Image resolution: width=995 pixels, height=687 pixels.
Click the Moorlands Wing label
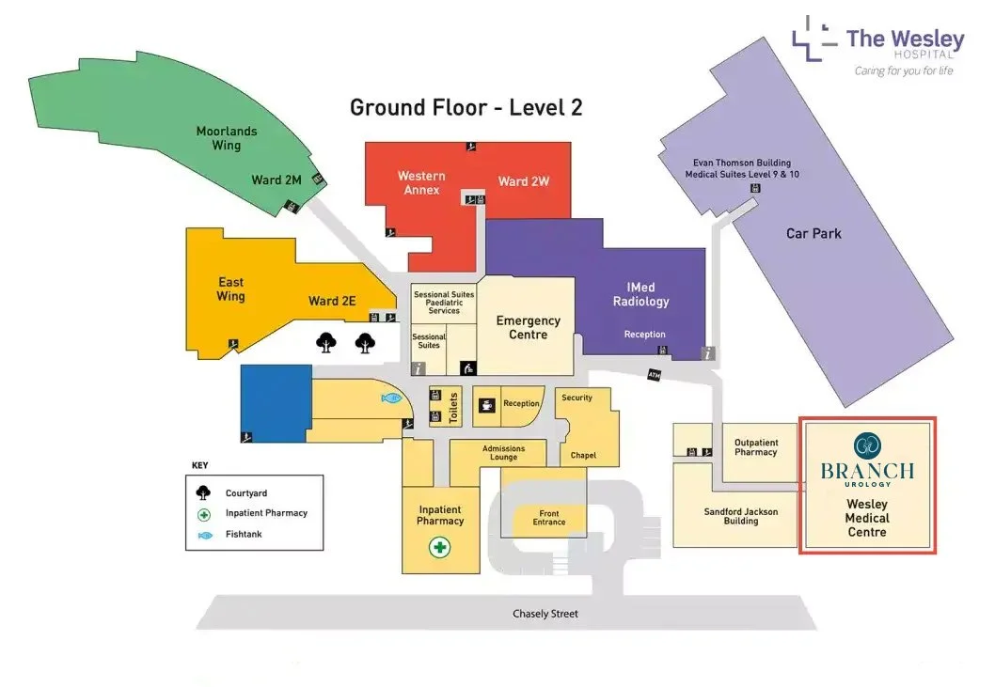click(226, 138)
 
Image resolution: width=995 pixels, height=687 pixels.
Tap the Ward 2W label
click(523, 181)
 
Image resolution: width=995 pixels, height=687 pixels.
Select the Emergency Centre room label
click(528, 328)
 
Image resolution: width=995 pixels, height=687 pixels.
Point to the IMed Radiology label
click(640, 294)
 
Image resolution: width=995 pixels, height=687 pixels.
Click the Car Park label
click(813, 233)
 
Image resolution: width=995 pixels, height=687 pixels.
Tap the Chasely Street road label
click(545, 614)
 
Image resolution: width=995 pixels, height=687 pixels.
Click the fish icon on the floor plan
click(391, 398)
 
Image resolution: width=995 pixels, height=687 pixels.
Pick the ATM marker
click(655, 375)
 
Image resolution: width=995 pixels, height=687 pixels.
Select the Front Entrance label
click(549, 518)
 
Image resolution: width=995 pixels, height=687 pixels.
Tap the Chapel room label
click(583, 456)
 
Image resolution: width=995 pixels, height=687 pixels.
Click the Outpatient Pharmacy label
click(756, 446)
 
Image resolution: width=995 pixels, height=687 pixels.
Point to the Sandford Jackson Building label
click(741, 516)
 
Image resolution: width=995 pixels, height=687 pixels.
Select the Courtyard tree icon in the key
click(203, 492)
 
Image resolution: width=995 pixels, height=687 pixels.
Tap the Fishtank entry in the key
click(244, 535)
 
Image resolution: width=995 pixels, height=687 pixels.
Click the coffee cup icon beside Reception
click(487, 405)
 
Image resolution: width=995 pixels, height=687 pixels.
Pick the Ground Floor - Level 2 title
click(466, 107)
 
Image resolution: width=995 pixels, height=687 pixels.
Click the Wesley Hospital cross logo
click(813, 37)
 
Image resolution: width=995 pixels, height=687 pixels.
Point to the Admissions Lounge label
click(503, 453)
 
